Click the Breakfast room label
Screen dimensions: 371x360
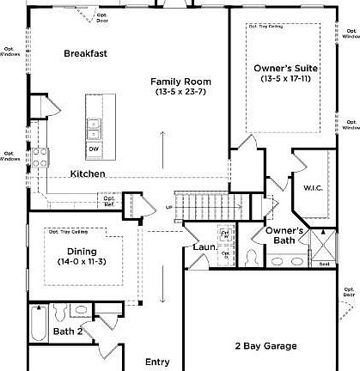pyautogui.click(x=86, y=53)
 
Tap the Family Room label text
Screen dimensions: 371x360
pyautogui.click(x=181, y=82)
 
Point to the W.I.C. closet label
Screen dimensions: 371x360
pyautogui.click(x=313, y=187)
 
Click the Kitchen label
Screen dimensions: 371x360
pyautogui.click(x=88, y=173)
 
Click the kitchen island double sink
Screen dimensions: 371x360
pyautogui.click(x=93, y=128)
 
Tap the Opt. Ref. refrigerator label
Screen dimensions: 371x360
pyautogui.click(x=110, y=204)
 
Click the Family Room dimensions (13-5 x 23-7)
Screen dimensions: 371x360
pyautogui.click(x=181, y=92)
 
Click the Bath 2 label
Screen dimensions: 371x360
pyautogui.click(x=68, y=331)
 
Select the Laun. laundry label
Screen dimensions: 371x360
pyautogui.click(x=203, y=247)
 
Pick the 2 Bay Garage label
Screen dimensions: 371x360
pyautogui.click(x=266, y=346)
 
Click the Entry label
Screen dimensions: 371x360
pyautogui.click(x=157, y=362)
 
